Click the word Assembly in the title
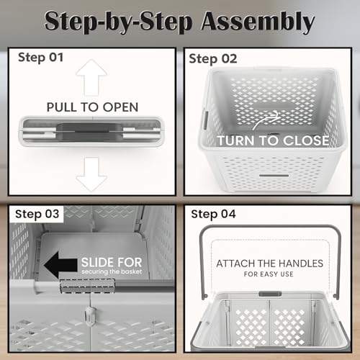(258, 22)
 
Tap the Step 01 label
(40, 58)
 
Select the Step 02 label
(213, 59)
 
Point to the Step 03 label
(37, 214)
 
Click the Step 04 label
(213, 214)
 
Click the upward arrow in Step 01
(91, 77)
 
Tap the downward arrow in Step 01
(91, 174)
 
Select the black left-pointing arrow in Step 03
(60, 265)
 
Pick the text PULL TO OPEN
(92, 107)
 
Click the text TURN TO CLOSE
(273, 140)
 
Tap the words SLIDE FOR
(112, 262)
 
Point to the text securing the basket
(112, 271)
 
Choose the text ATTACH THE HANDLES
(269, 264)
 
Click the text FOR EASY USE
(269, 274)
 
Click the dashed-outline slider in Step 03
(87, 286)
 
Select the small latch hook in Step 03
(89, 315)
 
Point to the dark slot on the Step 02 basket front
(274, 176)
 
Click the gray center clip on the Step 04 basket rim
(270, 294)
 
